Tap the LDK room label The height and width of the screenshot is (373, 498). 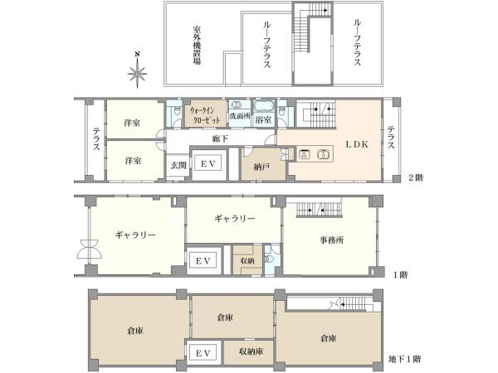click(x=357, y=144)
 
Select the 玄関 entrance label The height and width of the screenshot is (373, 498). click(x=178, y=165)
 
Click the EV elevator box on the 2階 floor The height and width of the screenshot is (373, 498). click(x=208, y=164)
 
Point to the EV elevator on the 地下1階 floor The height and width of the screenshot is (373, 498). click(x=203, y=353)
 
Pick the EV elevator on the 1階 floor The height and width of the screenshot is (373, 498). click(x=203, y=261)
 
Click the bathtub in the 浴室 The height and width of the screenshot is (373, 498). click(x=263, y=106)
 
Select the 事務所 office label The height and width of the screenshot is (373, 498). click(x=331, y=240)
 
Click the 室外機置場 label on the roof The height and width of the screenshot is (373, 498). click(x=197, y=45)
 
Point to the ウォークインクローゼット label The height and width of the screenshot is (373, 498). click(x=205, y=115)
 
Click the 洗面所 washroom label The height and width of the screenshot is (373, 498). click(x=240, y=116)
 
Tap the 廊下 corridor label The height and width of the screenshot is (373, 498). click(x=220, y=138)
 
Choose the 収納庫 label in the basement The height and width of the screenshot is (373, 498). click(x=251, y=351)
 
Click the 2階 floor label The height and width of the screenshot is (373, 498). click(x=416, y=177)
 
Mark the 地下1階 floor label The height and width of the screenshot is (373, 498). click(x=405, y=359)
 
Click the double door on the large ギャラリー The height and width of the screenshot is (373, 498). click(x=90, y=249)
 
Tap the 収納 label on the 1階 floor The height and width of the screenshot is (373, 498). click(x=247, y=261)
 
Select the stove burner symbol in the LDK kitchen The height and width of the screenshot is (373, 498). click(x=305, y=154)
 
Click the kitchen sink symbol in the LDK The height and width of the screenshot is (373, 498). click(x=324, y=154)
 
